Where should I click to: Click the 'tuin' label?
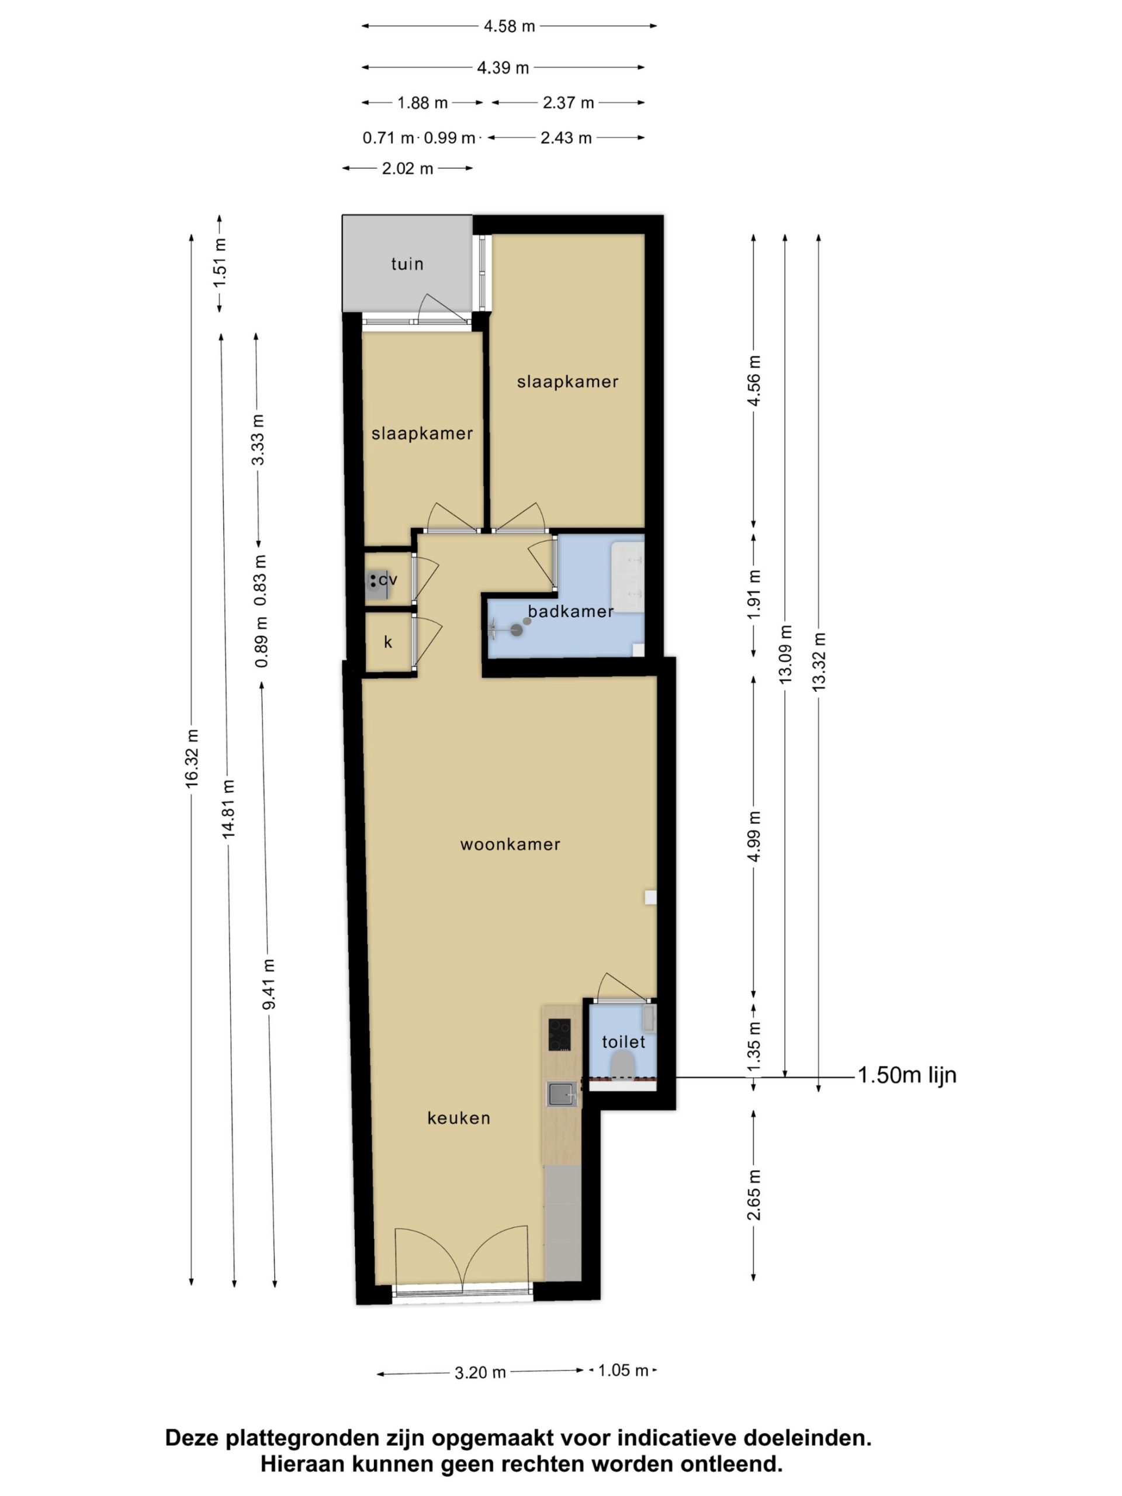pos(407,264)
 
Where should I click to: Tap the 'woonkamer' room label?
pos(510,844)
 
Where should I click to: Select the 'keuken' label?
pos(459,1117)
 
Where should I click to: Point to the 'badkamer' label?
pos(570,611)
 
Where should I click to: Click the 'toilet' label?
pos(624,1041)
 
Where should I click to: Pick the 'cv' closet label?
pos(387,580)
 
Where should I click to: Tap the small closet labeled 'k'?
pos(388,642)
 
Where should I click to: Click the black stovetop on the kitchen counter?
pos(559,1035)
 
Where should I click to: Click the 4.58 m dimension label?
pos(509,26)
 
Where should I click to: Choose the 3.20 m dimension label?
pos(480,1373)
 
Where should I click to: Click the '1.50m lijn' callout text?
pos(907,1075)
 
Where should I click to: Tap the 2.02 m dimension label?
pos(407,168)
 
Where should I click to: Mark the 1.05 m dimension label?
pos(624,1371)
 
